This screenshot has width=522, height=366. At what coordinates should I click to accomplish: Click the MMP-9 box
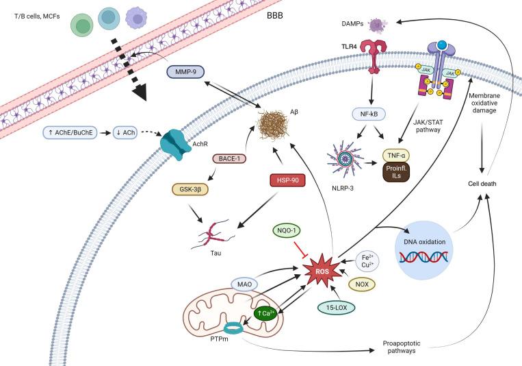pyautogui.click(x=185, y=72)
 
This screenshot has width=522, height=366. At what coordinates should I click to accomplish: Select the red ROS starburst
pyautogui.click(x=322, y=271)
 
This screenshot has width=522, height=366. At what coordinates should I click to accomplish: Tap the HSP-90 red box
pyautogui.click(x=287, y=180)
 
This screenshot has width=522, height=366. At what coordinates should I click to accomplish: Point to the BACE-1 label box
pyautogui.click(x=229, y=158)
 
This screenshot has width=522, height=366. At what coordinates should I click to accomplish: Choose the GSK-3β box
pyautogui.click(x=190, y=189)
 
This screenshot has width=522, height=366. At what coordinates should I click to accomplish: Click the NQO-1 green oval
pyautogui.click(x=286, y=230)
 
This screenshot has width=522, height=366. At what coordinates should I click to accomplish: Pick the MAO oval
pyautogui.click(x=245, y=284)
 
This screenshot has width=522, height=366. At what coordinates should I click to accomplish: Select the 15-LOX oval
pyautogui.click(x=336, y=308)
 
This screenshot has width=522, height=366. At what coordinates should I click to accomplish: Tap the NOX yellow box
pyautogui.click(x=362, y=284)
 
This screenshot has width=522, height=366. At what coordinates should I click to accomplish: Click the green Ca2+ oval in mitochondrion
pyautogui.click(x=265, y=313)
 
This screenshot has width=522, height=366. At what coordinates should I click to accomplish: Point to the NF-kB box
pyautogui.click(x=369, y=114)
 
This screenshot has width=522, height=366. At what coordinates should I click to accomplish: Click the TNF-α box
pyautogui.click(x=396, y=156)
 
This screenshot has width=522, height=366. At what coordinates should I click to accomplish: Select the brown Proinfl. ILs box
pyautogui.click(x=396, y=172)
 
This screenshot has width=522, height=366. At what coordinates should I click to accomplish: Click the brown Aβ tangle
pyautogui.click(x=274, y=125)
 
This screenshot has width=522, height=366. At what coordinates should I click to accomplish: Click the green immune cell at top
pyautogui.click(x=82, y=25)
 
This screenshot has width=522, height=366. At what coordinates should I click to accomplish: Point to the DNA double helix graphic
pyautogui.click(x=423, y=256)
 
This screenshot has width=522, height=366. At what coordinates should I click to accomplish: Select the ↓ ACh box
pyautogui.click(x=125, y=132)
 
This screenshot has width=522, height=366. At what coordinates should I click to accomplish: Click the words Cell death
pyautogui.click(x=482, y=184)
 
